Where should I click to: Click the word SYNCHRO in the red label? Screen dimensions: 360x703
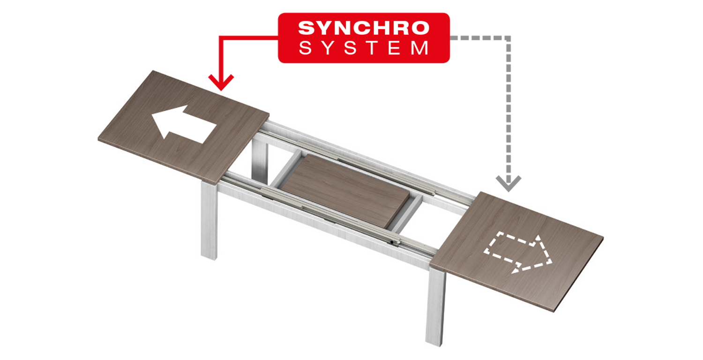click(364, 28)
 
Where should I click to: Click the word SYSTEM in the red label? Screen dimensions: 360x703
click(364, 48)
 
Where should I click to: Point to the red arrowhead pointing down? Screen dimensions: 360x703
click(221, 82)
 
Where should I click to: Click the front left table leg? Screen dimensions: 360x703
click(209, 220)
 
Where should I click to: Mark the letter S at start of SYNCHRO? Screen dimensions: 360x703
click(306, 28)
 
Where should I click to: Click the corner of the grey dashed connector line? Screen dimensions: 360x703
click(508, 37)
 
